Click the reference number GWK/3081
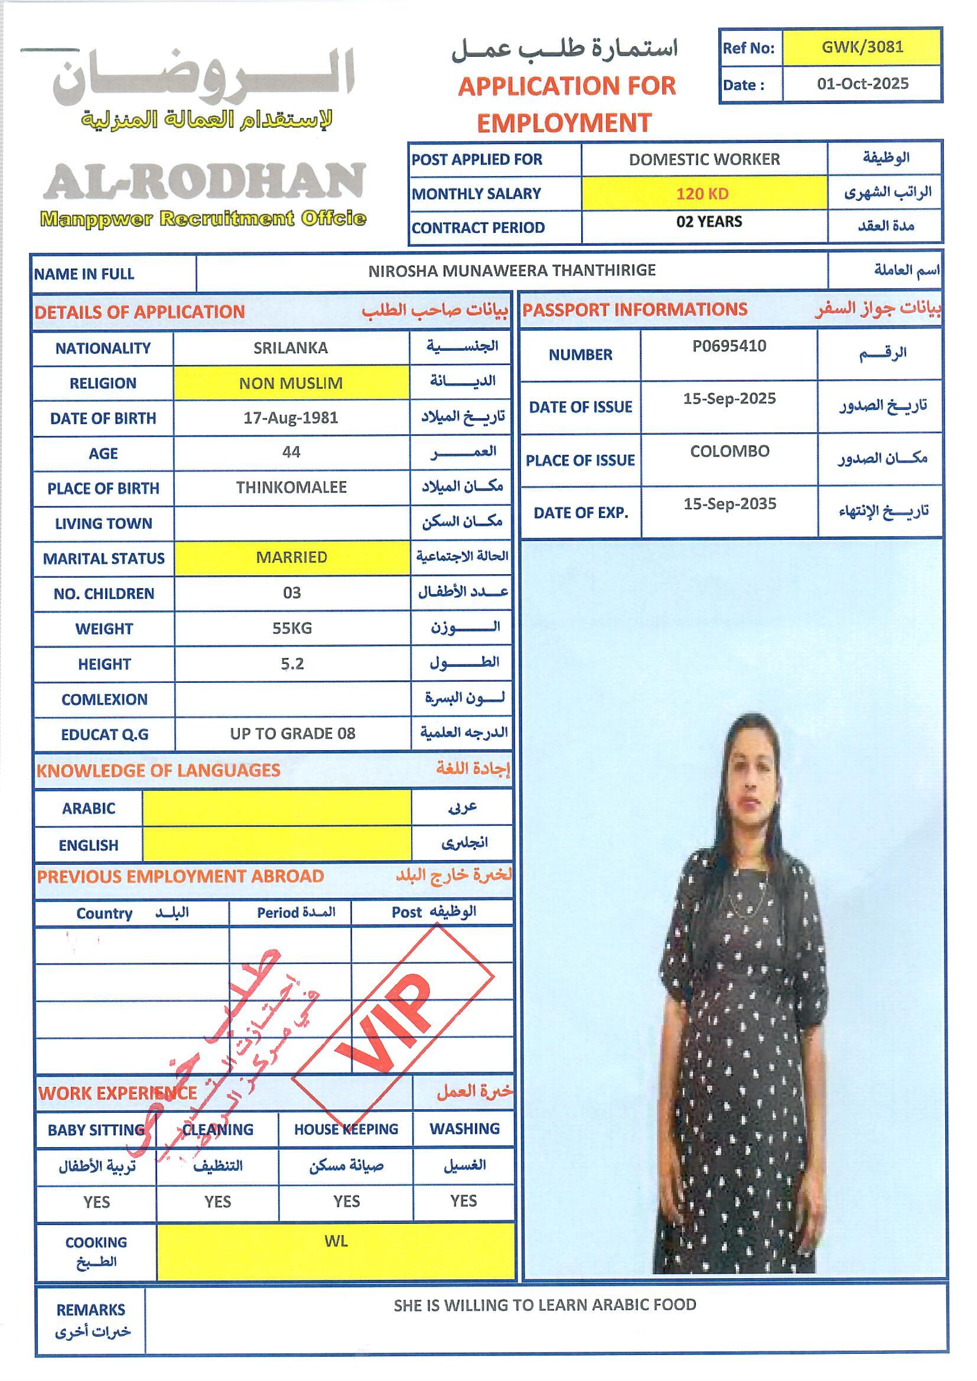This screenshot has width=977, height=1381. coord(862,47)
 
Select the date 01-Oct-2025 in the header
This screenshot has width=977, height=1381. coord(862,84)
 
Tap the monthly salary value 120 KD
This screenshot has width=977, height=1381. coord(702,194)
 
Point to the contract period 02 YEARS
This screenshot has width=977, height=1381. coord(709,222)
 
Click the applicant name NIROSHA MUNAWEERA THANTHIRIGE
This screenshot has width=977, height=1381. coord(512,271)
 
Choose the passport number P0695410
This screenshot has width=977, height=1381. coord(729,346)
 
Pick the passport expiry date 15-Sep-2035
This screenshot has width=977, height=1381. coord(729,503)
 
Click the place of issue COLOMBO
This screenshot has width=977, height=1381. coord(729,451)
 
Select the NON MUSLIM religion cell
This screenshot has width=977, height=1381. coord(291,383)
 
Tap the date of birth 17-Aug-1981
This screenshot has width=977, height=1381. coord(291,418)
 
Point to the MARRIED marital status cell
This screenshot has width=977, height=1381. coord(291,557)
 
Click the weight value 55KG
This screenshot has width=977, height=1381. coord(292,628)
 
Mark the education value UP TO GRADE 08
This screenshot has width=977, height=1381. coord(292,733)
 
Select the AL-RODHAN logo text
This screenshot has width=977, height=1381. coord(204,181)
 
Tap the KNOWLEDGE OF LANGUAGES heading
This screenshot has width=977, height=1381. coord(158,770)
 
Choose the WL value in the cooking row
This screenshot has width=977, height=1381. coord(336,1241)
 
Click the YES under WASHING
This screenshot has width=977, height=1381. coord(463,1201)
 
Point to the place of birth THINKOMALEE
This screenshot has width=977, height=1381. coord(291,487)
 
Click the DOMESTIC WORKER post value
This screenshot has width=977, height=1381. coord(704,159)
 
